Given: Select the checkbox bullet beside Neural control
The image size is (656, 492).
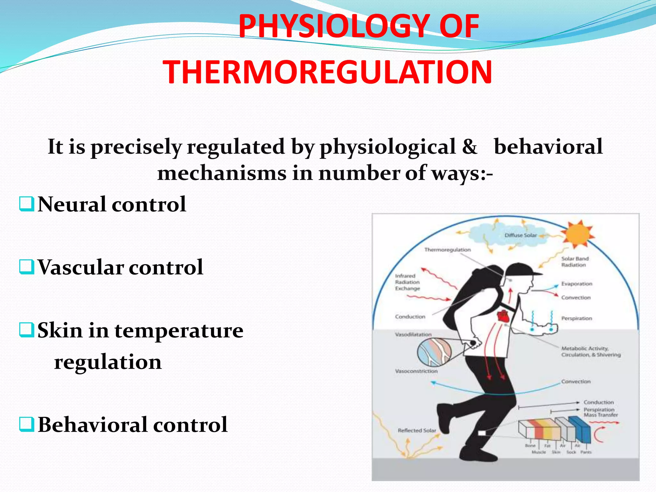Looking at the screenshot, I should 26,204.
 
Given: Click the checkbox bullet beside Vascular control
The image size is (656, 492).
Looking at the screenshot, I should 26,267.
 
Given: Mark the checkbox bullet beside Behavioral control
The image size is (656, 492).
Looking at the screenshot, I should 26,425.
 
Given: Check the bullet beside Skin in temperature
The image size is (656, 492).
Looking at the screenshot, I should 26,330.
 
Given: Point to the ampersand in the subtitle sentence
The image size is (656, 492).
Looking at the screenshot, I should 470,147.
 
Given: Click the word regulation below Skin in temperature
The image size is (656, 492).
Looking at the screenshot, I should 108,362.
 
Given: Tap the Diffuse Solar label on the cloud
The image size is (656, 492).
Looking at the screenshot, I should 520,235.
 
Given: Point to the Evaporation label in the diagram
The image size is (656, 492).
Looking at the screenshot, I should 577,284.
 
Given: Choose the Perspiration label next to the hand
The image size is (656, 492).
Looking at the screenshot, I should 577,318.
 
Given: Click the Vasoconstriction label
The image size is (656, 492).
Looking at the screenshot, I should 416,371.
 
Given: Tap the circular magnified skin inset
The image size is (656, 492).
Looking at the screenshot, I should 434,352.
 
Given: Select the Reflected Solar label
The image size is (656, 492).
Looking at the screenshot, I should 417,430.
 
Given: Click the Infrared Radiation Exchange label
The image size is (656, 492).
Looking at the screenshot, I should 407,282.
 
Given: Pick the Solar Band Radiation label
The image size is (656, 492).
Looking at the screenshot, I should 575,262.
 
